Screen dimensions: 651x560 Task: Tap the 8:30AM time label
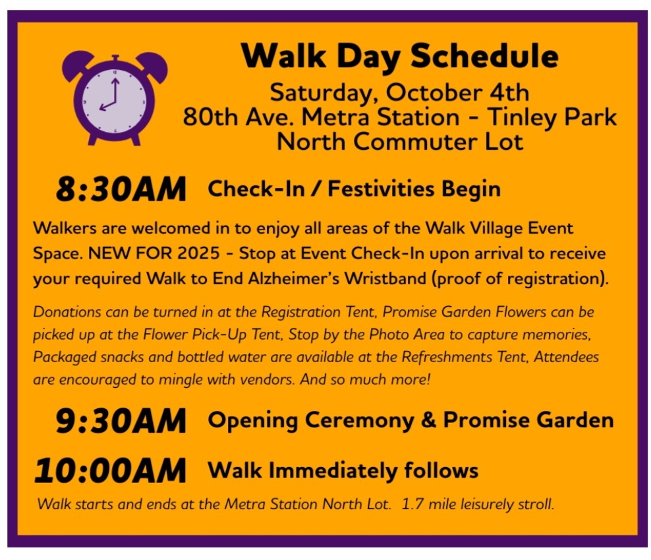coord(121,189)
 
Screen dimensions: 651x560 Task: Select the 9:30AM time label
coord(121,421)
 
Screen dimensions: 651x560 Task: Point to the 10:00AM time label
coord(110,471)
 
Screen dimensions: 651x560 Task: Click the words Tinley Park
coord(552,118)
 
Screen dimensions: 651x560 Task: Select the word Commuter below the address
coord(416,142)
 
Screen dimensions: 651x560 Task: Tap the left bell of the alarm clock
coord(76,65)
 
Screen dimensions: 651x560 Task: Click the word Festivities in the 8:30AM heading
coord(381,189)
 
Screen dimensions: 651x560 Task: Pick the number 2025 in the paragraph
coord(198,253)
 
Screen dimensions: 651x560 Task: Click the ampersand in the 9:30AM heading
coord(428,420)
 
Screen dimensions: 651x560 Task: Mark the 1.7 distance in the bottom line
coord(412,505)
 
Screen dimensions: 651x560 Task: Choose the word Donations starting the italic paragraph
coord(67,312)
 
